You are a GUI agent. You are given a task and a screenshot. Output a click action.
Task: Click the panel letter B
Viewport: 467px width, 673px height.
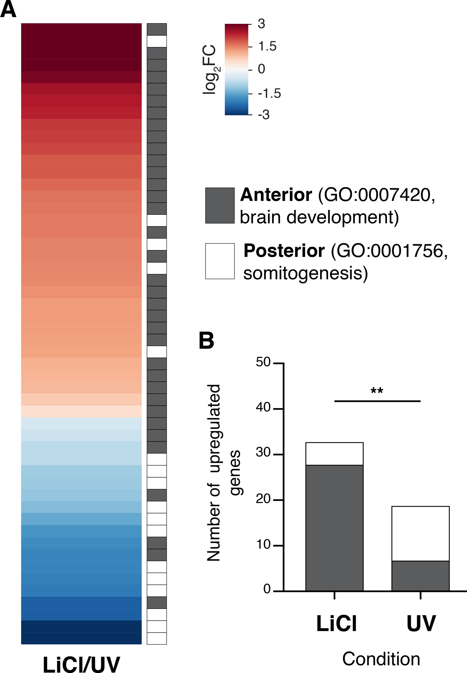(206, 341)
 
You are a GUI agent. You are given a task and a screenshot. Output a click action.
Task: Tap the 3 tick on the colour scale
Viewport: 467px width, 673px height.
(261, 24)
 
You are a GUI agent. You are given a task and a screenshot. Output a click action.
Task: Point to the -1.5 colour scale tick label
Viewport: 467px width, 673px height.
(269, 94)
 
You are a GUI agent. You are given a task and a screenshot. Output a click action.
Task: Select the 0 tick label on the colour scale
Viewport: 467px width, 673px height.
(261, 69)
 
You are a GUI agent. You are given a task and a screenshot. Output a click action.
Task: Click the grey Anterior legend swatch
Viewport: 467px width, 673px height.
(220, 206)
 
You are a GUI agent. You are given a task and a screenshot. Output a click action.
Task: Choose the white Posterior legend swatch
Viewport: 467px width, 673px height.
(220, 261)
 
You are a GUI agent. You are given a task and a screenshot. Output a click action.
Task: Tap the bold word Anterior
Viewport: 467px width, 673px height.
(276, 195)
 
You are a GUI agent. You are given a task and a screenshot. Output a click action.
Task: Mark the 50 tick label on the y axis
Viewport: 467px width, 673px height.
(263, 362)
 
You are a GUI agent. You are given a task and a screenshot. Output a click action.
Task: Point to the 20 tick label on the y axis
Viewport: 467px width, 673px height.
(263, 499)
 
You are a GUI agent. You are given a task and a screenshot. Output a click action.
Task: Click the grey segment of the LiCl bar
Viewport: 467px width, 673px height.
(334, 528)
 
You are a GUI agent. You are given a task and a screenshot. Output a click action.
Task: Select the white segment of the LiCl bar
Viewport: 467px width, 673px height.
(334, 454)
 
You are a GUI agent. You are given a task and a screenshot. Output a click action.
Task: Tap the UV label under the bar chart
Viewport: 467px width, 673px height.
(421, 624)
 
